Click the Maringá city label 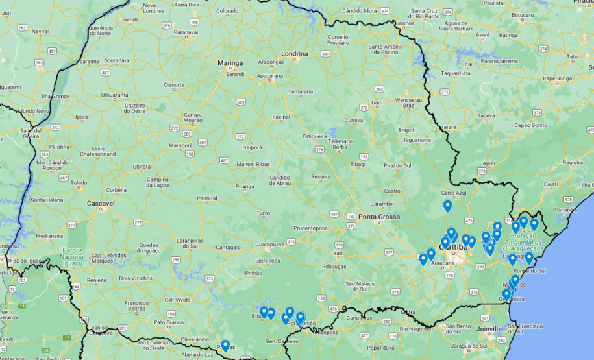(x=229, y=63)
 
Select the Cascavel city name (x=101, y=203)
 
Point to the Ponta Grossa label (x=379, y=217)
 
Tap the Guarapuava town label (x=269, y=245)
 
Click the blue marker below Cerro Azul (x=447, y=206)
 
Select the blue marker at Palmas (x=225, y=345)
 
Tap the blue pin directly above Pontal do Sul (x=528, y=258)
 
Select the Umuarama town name (x=114, y=95)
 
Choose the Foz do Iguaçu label (x=27, y=261)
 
